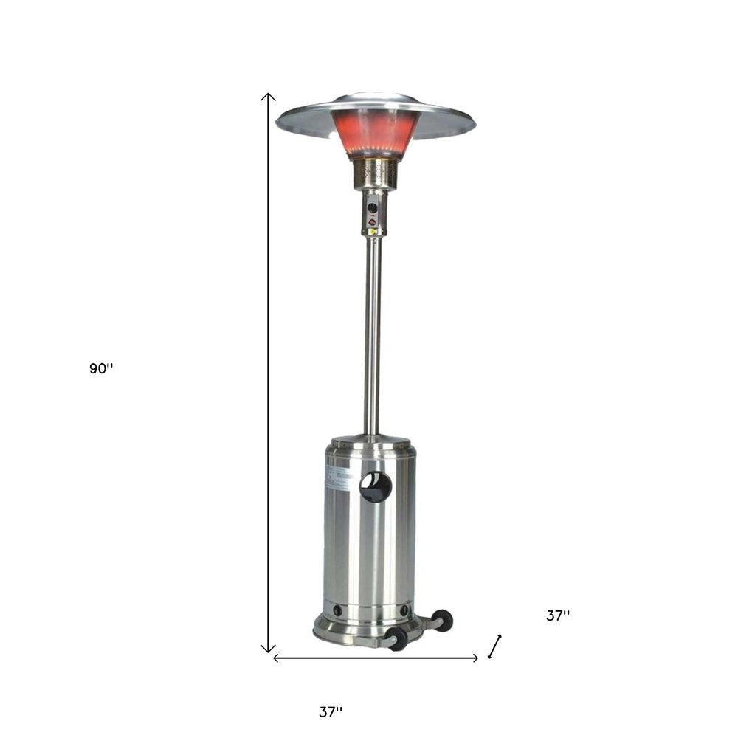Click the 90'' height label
coord(101,369)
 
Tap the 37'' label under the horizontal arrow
coord(331,712)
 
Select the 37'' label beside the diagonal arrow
coord(558,615)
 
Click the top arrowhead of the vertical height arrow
coord(269,96)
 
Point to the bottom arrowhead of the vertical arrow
coord(269,649)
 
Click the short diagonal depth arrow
coord(495,646)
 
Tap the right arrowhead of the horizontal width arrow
coord(476,658)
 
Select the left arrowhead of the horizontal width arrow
coord(276,658)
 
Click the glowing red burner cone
coord(376,133)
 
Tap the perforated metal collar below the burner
coord(376,173)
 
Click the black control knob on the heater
coord(373,208)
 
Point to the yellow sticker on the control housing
coord(373,231)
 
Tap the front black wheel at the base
coord(398,639)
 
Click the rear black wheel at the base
coord(443,620)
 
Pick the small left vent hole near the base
coord(338,611)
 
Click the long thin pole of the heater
coord(373,332)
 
